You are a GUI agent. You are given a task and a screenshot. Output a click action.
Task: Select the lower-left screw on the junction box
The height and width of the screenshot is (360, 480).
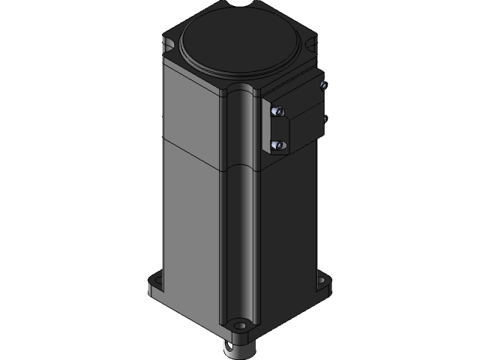coord(277,144)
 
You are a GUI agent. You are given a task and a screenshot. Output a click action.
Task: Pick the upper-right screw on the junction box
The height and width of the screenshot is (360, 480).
coord(323,86)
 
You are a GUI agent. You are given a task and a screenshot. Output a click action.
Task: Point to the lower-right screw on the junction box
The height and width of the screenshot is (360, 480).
coord(325,117)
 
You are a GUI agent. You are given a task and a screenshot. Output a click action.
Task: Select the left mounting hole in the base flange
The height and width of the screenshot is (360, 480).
coord(155,286)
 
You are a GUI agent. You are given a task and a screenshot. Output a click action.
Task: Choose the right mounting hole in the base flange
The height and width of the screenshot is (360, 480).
coord(325,283)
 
